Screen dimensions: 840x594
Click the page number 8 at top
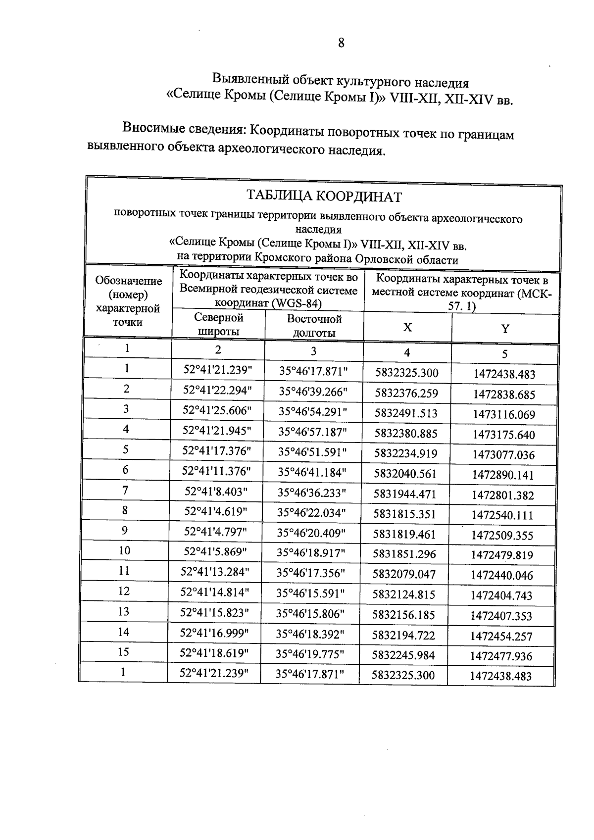341,43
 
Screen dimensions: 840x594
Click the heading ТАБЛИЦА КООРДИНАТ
324,197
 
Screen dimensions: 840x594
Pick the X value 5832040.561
405,474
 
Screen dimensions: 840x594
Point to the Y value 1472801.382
502,495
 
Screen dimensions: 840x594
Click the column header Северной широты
218,324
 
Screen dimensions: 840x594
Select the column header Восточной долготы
314,326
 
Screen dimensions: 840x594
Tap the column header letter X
407,327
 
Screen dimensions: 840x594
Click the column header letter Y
505,329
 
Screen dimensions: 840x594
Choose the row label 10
125,550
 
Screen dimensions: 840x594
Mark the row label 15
124,652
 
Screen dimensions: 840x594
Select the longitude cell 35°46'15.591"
310,593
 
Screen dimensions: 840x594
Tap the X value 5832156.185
403,615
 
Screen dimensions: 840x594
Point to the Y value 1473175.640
503,435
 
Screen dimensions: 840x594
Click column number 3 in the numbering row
313,351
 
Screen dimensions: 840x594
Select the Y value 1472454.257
501,636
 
